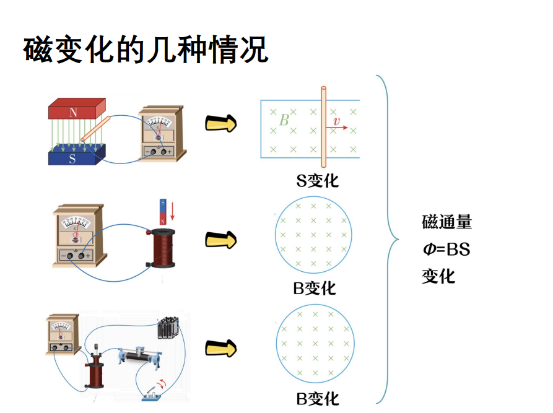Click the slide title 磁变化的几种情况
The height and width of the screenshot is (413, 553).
pos(146,50)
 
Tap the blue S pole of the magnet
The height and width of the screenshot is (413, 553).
pos(73,157)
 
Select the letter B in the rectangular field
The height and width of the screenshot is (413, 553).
pos(284,120)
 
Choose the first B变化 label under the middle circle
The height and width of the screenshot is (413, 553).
pos(314,289)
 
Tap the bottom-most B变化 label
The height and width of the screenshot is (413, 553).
pos(314,397)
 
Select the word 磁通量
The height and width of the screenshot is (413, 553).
pos(447,222)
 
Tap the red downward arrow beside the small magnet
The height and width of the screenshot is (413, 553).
pos(173,211)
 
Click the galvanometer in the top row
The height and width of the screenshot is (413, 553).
pos(160,135)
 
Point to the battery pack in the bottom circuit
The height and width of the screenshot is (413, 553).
pos(167,328)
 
